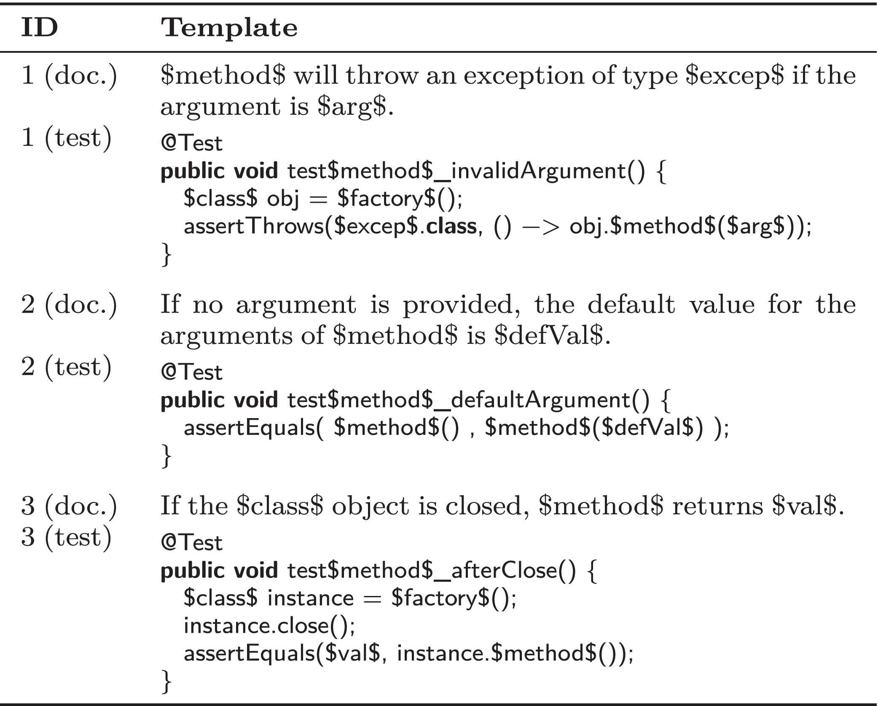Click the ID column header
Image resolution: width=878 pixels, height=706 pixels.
click(39, 28)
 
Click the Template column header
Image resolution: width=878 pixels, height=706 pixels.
click(229, 28)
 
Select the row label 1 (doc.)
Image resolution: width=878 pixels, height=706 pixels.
click(69, 76)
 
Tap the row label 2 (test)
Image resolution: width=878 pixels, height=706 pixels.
click(67, 367)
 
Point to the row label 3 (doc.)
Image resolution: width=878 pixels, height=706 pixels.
click(69, 506)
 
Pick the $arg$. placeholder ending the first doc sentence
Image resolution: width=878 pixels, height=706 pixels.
click(355, 107)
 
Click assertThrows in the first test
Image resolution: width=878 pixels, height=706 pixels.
click(253, 226)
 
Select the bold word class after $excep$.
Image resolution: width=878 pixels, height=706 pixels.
click(451, 226)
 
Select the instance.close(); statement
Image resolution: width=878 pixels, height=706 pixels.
click(270, 625)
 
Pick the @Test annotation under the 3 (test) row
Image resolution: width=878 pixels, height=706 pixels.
click(192, 543)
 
